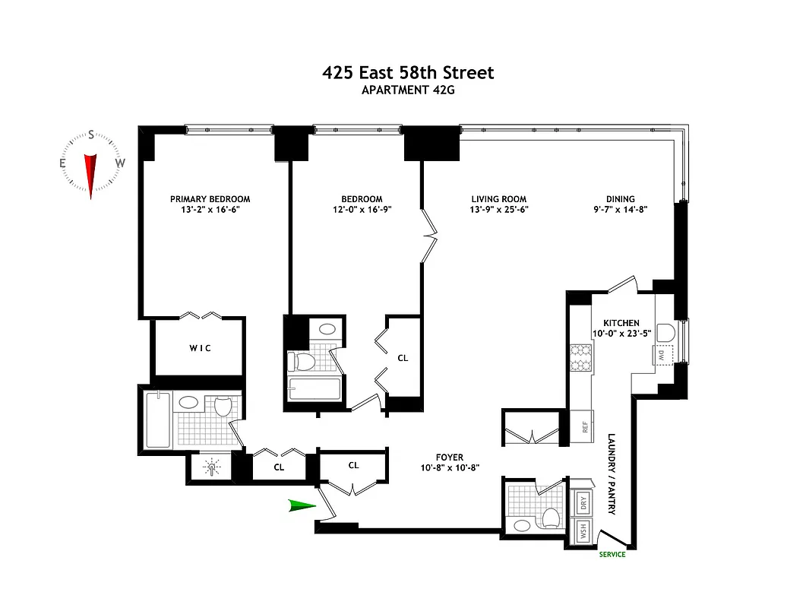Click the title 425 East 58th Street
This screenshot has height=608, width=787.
pyautogui.click(x=408, y=73)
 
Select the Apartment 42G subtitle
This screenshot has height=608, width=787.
pyautogui.click(x=408, y=90)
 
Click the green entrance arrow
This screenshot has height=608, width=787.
pyautogui.click(x=302, y=506)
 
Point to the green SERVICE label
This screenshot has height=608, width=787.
pyautogui.click(x=612, y=554)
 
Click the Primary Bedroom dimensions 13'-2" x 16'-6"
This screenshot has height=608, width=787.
pyautogui.click(x=210, y=209)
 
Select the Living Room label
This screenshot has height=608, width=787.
pyautogui.click(x=498, y=199)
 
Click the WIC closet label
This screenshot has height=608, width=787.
pyautogui.click(x=200, y=348)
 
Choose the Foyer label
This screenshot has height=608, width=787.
pyautogui.click(x=450, y=458)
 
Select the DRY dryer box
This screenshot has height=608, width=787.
pyautogui.click(x=583, y=502)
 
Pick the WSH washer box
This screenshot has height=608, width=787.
pyautogui.click(x=583, y=530)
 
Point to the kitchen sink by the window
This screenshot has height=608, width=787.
pyautogui.click(x=665, y=333)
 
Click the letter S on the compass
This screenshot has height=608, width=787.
pyautogui.click(x=91, y=136)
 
